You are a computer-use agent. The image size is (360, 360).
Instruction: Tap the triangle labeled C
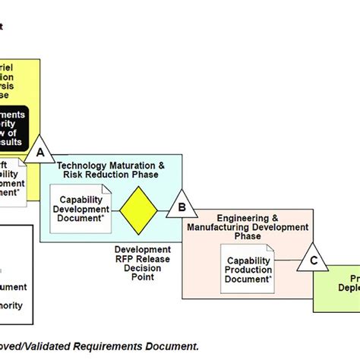(312, 257)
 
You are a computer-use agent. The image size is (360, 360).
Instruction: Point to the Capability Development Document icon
(79, 208)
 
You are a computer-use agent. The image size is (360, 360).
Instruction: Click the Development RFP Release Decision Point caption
(143, 263)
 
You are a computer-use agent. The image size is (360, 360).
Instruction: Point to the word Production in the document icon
(248, 269)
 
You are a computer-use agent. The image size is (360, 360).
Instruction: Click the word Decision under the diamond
(143, 267)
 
